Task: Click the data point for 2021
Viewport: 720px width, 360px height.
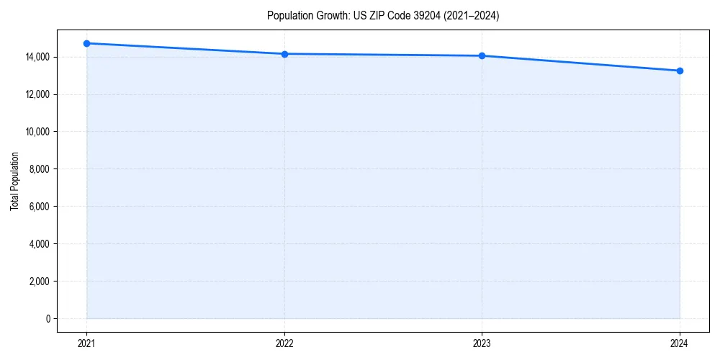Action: [86, 43]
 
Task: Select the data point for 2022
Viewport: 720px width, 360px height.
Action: [284, 54]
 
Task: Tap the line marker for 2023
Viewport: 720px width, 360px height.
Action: [482, 55]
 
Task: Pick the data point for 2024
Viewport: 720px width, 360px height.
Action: [680, 71]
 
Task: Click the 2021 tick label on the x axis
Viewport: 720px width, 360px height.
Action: [86, 343]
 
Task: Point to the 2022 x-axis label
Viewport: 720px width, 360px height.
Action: [284, 343]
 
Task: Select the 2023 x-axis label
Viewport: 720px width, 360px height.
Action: [482, 343]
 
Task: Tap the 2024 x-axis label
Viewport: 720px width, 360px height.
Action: [680, 343]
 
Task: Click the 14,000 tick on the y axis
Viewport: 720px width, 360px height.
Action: [37, 57]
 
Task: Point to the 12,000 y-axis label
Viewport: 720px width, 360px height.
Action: [37, 94]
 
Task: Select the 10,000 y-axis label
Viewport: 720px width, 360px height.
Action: [37, 132]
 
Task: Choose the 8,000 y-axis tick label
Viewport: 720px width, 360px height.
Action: [40, 169]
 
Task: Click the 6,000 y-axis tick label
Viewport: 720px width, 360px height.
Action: [40, 207]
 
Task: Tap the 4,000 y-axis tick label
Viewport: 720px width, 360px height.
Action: [40, 244]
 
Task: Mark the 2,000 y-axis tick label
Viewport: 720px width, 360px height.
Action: [40, 282]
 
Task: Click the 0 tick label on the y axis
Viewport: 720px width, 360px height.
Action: [48, 319]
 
